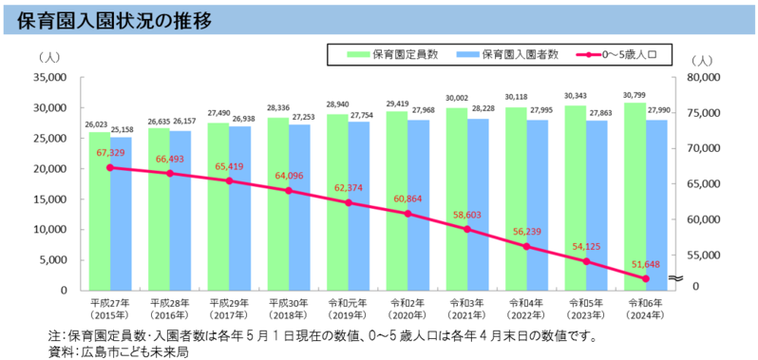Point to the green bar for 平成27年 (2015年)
click(x=99, y=218)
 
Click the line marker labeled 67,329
click(x=110, y=167)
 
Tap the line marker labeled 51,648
click(x=647, y=278)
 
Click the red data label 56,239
click(x=529, y=231)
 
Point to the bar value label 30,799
click(x=635, y=95)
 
